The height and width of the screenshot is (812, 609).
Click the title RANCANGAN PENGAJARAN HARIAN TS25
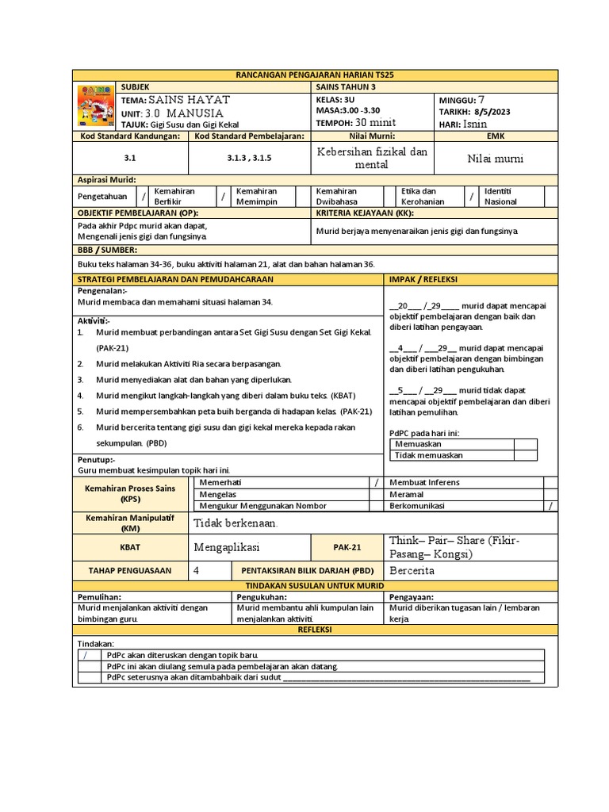(314, 75)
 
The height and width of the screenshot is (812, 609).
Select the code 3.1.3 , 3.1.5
(249, 159)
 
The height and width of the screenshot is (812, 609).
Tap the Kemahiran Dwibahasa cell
(337, 197)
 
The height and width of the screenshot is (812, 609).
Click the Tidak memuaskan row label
(429, 455)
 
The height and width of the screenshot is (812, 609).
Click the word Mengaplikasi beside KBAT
(227, 547)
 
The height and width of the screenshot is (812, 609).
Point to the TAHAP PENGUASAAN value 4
(197, 570)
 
